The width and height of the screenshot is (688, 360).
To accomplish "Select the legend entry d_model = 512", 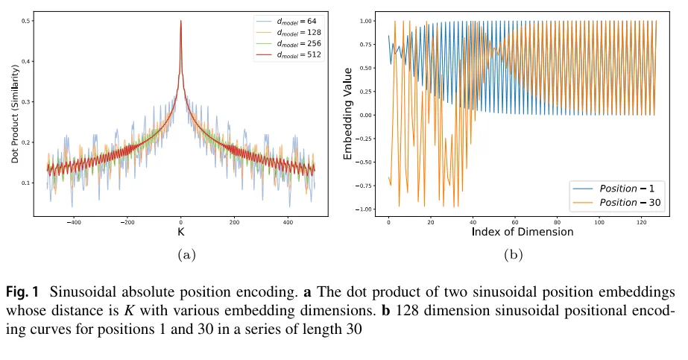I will [x=296, y=54].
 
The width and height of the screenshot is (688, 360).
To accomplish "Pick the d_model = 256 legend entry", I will [x=296, y=44].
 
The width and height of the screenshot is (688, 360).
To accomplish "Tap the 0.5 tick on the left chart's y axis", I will [x=25, y=21].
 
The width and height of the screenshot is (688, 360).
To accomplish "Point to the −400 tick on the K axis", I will [x=74, y=222].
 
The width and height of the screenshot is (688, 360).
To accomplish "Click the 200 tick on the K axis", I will [x=234, y=222].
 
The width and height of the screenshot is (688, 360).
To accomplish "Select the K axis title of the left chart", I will [x=180, y=232].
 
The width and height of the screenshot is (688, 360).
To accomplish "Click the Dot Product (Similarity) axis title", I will [x=15, y=119].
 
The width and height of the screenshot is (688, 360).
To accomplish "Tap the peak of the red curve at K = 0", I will [x=181, y=22].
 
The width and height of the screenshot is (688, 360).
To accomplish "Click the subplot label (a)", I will [x=186, y=254].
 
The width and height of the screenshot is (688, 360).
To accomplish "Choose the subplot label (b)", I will [x=513, y=254].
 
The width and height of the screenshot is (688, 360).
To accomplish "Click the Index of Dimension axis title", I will [x=523, y=232].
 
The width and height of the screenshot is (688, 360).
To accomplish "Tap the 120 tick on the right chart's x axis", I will [x=641, y=222].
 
